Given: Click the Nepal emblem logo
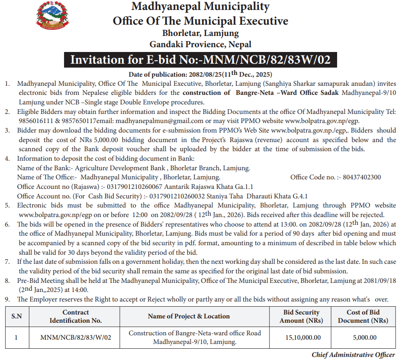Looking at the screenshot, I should pyautogui.click(x=52, y=17).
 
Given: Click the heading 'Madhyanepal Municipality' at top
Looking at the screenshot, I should pyautogui.click(x=200, y=7).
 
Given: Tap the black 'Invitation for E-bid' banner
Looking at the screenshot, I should pyautogui.click(x=200, y=59).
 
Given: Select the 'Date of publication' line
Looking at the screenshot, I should pyautogui.click(x=200, y=74).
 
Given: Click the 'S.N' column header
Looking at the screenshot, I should pyautogui.click(x=16, y=317).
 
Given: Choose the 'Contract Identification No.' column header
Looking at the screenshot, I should pyautogui.click(x=76, y=317).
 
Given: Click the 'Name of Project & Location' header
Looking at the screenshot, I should pyautogui.click(x=189, y=317).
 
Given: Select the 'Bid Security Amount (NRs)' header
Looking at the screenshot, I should pyautogui.click(x=301, y=317).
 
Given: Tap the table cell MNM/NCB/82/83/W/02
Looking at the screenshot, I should pyautogui.click(x=76, y=337).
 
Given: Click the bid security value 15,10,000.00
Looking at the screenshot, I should pyautogui.click(x=301, y=337).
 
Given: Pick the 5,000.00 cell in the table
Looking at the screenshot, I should pyautogui.click(x=364, y=337).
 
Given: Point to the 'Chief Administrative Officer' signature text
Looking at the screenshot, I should pyautogui.click(x=353, y=355).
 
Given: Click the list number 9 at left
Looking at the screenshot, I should pyautogui.click(x=7, y=299).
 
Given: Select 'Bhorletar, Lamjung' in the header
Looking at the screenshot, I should pyautogui.click(x=200, y=33).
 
